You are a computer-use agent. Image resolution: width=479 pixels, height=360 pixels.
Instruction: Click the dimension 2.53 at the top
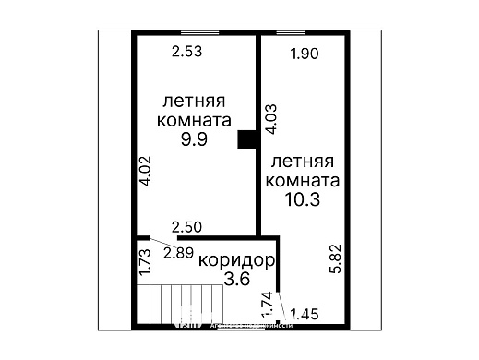pyautogui.click(x=186, y=52)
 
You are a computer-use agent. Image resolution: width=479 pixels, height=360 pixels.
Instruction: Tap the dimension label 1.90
pyautogui.click(x=304, y=54)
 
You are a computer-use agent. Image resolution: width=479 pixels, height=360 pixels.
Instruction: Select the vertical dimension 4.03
pyautogui.click(x=270, y=119)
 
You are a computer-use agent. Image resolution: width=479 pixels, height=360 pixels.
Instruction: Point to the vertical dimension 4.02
pyautogui.click(x=144, y=171)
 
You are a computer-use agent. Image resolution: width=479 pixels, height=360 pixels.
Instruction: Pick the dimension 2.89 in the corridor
pyautogui.click(x=178, y=251)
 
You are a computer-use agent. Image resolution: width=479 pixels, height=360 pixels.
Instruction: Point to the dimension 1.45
pyautogui.click(x=305, y=315)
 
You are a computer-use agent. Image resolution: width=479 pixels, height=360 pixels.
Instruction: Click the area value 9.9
pyautogui.click(x=196, y=138)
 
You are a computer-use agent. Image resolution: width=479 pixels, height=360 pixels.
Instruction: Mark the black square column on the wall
pyautogui.click(x=246, y=138)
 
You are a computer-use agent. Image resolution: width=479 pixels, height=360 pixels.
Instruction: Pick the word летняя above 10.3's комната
pyautogui.click(x=301, y=160)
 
